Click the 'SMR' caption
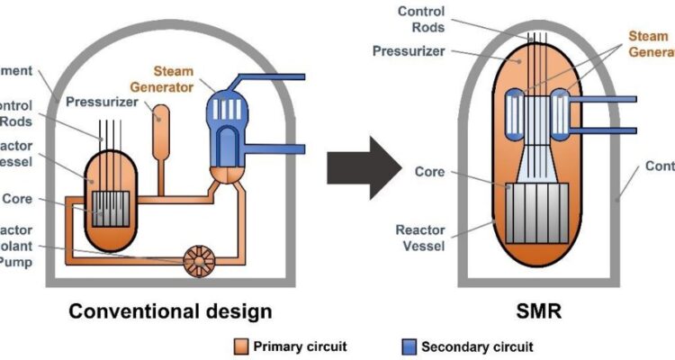coord(532,311)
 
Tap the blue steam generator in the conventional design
coord(225,117)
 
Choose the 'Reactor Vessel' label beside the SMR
coord(421,239)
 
